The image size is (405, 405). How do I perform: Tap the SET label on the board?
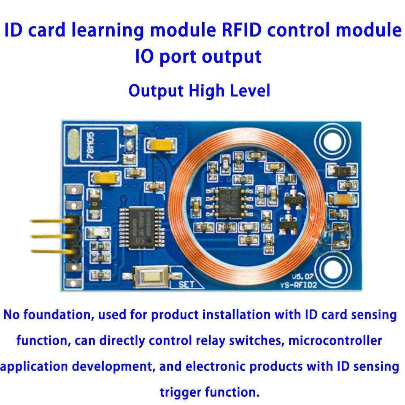(x=186, y=284)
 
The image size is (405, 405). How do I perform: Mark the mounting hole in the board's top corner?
(x=334, y=139)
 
